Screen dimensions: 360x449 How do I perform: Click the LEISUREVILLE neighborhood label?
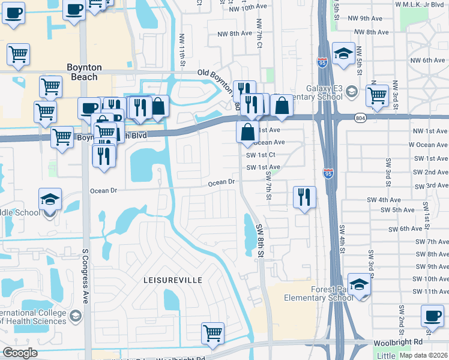click(x=172, y=280)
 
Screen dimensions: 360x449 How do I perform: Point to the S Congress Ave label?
click(x=86, y=276)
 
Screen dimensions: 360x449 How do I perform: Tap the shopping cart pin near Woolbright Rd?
click(x=213, y=333)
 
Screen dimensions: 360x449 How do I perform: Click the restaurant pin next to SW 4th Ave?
click(x=304, y=196)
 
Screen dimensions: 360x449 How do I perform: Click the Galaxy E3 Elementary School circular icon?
click(x=352, y=92)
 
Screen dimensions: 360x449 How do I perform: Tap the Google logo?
click(x=20, y=353)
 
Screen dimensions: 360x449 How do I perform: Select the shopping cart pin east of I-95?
click(x=377, y=94)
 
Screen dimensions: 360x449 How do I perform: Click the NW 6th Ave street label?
click(x=425, y=61)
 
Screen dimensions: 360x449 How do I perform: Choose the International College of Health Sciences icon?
click(x=75, y=316)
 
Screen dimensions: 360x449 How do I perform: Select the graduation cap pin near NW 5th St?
click(x=343, y=54)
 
